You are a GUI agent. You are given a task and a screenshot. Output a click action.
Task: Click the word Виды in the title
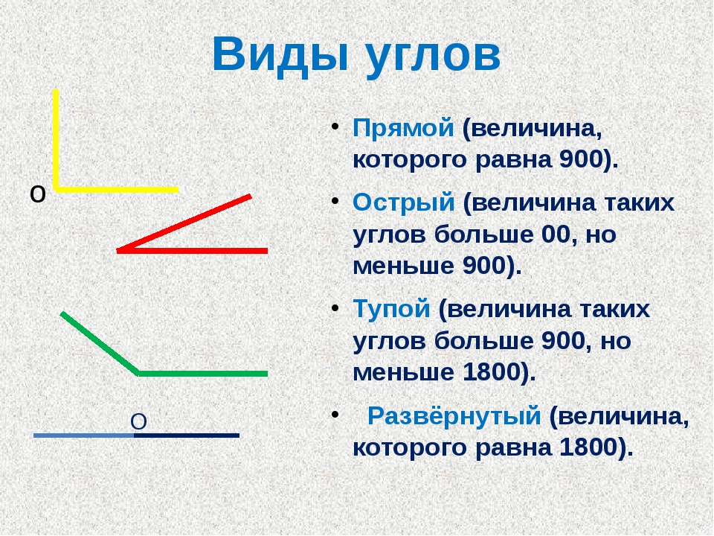pyautogui.click(x=280, y=54)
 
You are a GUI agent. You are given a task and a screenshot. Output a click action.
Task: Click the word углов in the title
pyautogui.click(x=434, y=57)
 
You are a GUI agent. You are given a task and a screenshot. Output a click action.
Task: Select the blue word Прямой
pyautogui.click(x=403, y=129)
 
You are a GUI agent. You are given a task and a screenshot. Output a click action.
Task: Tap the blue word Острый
pyautogui.click(x=404, y=203)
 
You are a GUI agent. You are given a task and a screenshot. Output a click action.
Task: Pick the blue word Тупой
pyautogui.click(x=392, y=309)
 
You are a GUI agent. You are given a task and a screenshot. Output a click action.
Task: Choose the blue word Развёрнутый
pyautogui.click(x=454, y=415)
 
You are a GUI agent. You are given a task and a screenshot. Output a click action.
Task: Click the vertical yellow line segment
pyautogui.click(x=56, y=139)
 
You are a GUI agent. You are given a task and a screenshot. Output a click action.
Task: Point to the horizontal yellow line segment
pyautogui.click(x=116, y=190)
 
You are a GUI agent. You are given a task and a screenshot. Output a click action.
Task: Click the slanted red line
pyautogui.click(x=184, y=223)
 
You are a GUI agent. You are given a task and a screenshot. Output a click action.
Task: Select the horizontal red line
pyautogui.click(x=192, y=251)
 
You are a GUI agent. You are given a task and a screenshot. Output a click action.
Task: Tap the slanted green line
pyautogui.click(x=100, y=343)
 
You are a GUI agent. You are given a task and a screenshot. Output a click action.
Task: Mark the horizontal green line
pyautogui.click(x=202, y=374)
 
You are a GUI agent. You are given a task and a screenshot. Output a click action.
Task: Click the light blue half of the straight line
pyautogui.click(x=84, y=435)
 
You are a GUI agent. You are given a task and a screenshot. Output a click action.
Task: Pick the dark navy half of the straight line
pyautogui.click(x=187, y=435)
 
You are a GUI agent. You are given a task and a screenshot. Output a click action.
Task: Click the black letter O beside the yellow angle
pyautogui.click(x=38, y=194)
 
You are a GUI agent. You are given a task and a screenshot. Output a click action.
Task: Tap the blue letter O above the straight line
pyautogui.click(x=138, y=422)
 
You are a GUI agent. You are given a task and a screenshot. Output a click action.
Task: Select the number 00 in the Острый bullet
pyautogui.click(x=556, y=234)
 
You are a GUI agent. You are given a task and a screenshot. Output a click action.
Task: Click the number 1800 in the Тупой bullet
pyautogui.click(x=492, y=372)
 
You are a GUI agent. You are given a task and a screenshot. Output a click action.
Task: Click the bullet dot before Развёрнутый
pyautogui.click(x=335, y=414)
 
